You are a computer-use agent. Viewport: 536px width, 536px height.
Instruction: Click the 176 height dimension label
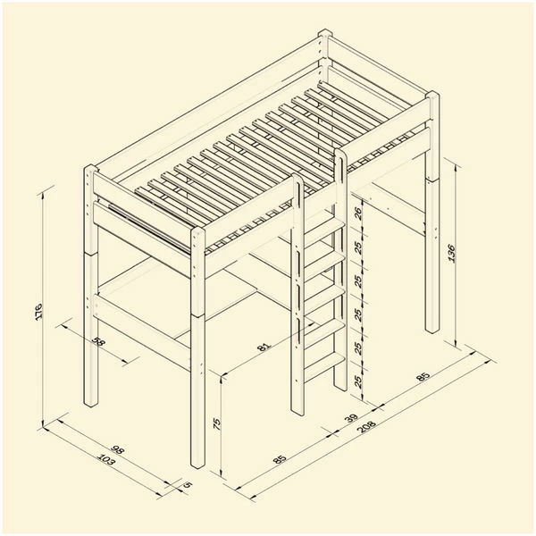pyautogui.click(x=38, y=311)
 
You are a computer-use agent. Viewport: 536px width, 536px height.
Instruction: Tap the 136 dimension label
pyautogui.click(x=451, y=253)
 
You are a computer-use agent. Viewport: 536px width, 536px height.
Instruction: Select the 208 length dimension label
pyautogui.click(x=366, y=426)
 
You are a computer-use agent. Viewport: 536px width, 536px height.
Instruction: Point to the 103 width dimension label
pyautogui.click(x=106, y=459)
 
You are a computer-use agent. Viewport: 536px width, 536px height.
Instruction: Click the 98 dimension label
pyautogui.click(x=117, y=449)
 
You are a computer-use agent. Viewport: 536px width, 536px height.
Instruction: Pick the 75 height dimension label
pyautogui.click(x=217, y=423)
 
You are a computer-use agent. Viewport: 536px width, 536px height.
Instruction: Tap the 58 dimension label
pyautogui.click(x=97, y=341)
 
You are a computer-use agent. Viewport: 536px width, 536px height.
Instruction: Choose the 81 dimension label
pyautogui.click(x=264, y=347)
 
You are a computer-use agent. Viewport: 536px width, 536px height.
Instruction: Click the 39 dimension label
pyautogui.click(x=351, y=418)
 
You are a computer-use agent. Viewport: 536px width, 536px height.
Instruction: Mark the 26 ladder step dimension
pyautogui.click(x=358, y=214)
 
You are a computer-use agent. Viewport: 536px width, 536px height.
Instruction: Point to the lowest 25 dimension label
pyautogui.click(x=358, y=381)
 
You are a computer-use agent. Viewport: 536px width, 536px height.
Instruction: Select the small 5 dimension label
pyautogui.click(x=188, y=484)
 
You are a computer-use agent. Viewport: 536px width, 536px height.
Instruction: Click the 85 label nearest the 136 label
pyautogui.click(x=423, y=377)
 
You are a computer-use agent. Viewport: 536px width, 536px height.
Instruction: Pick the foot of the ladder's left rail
pyautogui.click(x=297, y=411)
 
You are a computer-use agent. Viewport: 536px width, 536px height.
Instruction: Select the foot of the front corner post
pyautogui.click(x=197, y=464)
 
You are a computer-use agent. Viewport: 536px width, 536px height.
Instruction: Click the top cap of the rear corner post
pyautogui.click(x=325, y=34)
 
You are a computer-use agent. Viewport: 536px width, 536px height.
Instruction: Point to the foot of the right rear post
pyautogui.click(x=431, y=329)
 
